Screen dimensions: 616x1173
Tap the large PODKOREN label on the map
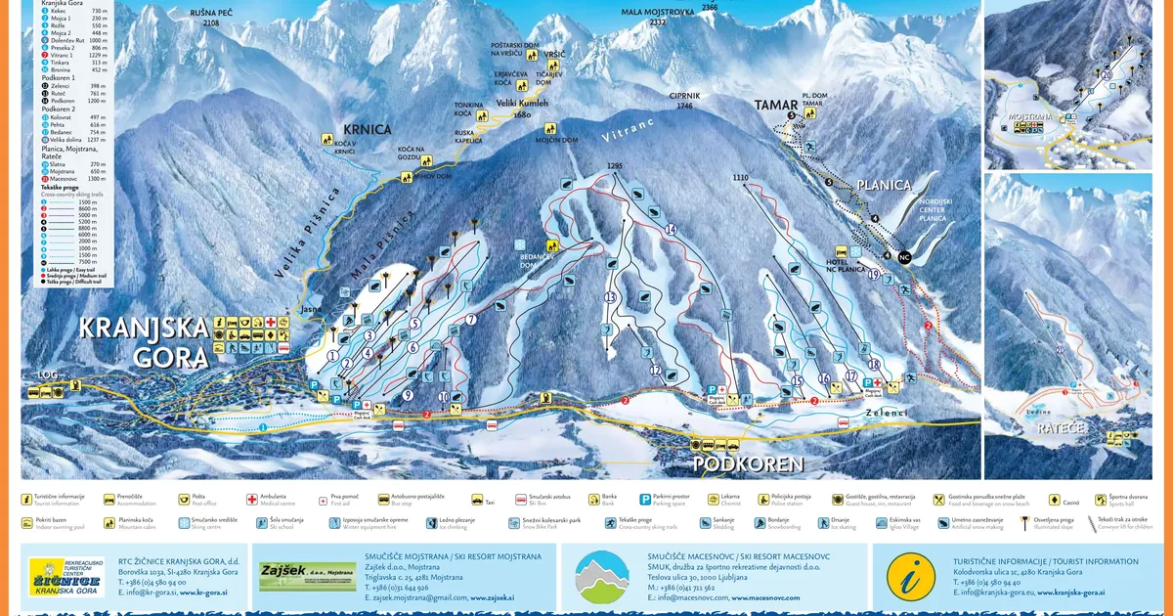coord(747,462)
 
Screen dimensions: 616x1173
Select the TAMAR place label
coord(776,106)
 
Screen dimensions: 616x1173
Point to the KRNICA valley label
coord(367,129)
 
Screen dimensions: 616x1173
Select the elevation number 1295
coord(614,166)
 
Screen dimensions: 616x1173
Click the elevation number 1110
coord(739,177)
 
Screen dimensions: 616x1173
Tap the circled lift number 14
coord(671,230)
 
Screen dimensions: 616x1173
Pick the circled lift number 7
coord(470,319)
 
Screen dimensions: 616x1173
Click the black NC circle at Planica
coord(904,257)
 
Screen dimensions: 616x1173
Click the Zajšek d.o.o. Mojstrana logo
coord(293,576)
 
